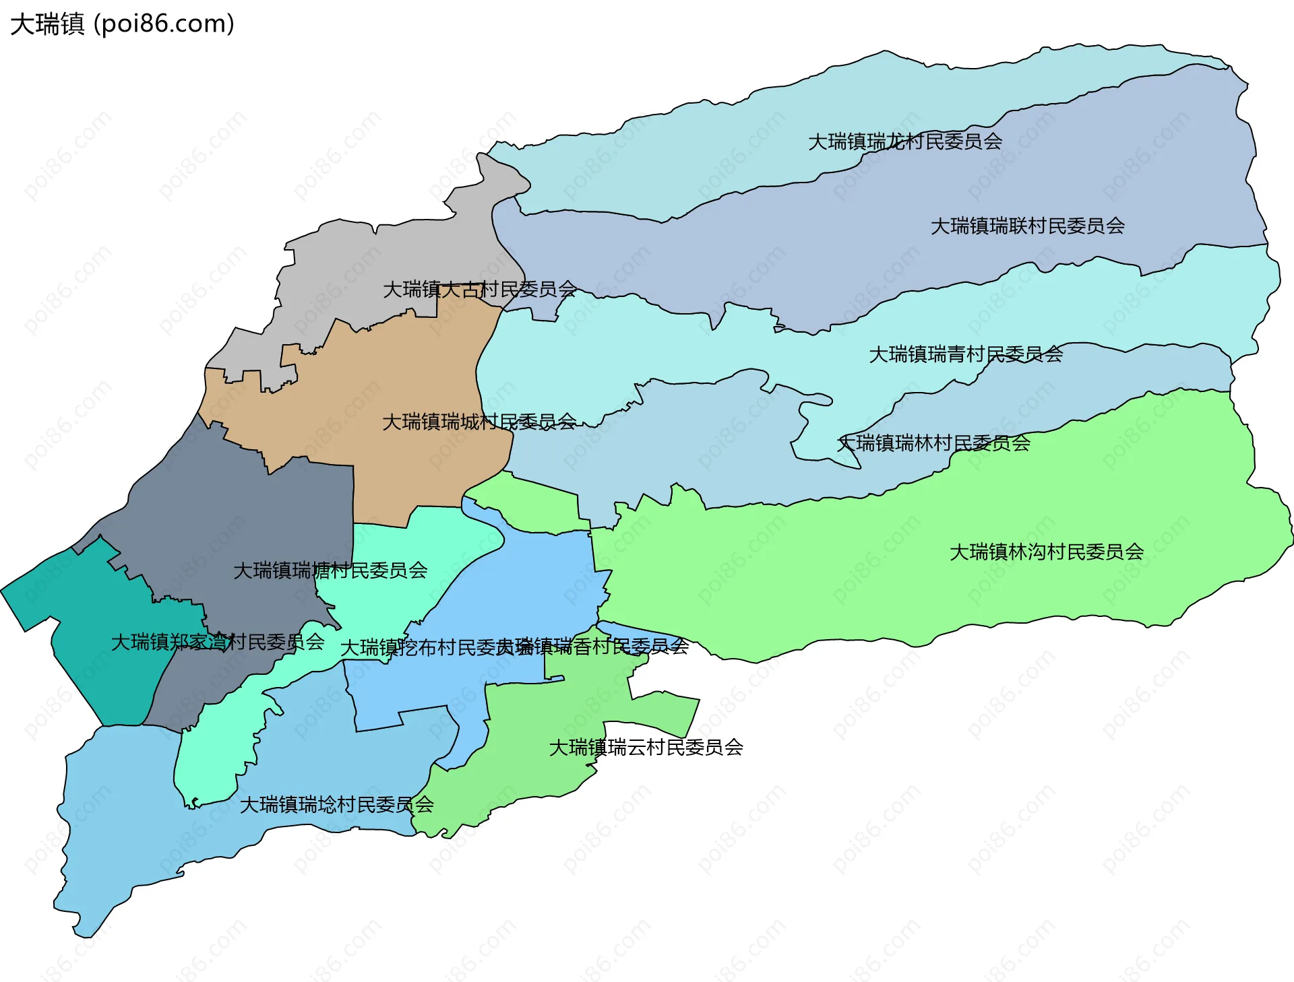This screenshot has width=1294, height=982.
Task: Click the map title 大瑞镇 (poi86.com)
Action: point(122,24)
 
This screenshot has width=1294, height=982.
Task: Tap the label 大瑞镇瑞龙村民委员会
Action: point(904,141)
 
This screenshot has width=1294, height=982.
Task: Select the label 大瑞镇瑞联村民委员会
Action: point(1027,226)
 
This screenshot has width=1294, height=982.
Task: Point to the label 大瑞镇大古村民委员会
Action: point(479,289)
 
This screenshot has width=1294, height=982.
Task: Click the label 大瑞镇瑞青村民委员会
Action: point(965,354)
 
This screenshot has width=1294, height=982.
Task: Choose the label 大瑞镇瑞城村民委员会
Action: point(479,422)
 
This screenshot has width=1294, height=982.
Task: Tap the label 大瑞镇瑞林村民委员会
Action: point(933,443)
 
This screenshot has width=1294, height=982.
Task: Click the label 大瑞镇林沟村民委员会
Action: point(1046,552)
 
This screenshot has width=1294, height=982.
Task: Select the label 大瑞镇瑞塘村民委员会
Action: point(330,570)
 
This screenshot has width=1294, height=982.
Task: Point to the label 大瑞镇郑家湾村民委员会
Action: point(217,642)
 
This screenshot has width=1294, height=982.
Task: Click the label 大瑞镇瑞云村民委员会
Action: point(646,747)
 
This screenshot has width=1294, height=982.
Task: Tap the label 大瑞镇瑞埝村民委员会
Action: point(336,804)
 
